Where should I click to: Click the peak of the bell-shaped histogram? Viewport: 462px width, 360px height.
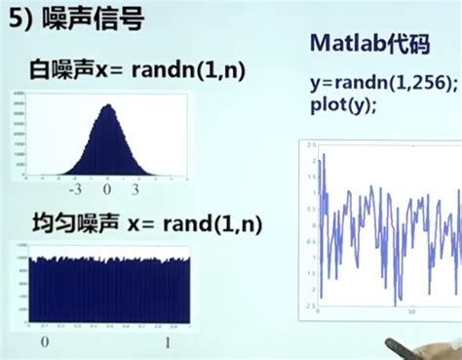[x=109, y=104]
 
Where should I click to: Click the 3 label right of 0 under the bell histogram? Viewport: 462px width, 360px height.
[x=135, y=191]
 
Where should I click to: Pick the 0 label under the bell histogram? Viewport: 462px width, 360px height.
[x=109, y=191]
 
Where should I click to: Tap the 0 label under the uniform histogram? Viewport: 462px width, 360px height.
[x=43, y=341]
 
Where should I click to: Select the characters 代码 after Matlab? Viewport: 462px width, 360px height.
[x=400, y=44]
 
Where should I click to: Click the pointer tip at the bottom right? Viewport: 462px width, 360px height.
[x=389, y=343]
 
